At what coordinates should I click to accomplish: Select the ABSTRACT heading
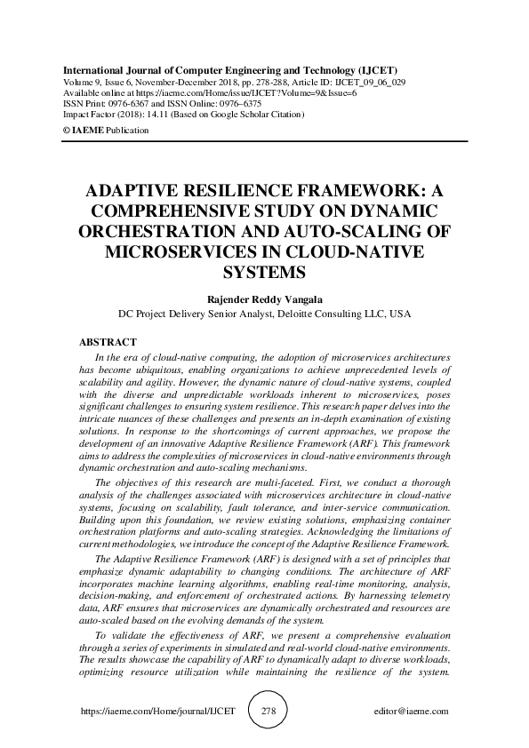point(108,342)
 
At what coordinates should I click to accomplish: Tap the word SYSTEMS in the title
point(264,271)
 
